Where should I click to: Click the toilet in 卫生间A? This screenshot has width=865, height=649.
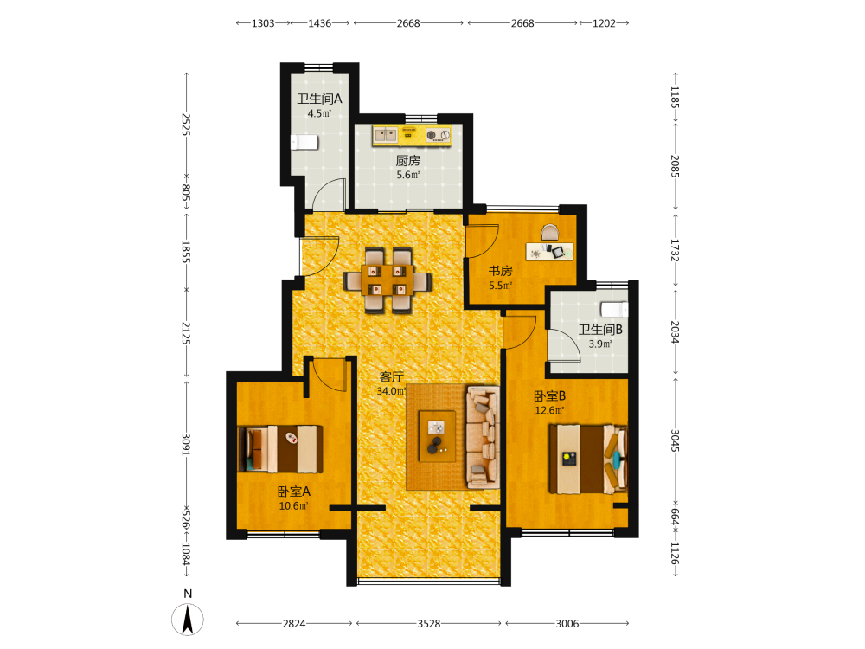pos(304,142)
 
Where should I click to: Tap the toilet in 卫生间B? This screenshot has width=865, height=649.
pos(614,310)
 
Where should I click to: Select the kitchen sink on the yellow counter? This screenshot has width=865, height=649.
pos(386,134)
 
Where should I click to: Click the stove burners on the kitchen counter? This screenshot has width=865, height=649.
pos(439,135)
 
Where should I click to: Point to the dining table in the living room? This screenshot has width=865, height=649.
pos(388,280)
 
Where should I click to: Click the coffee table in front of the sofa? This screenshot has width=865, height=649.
pos(437,436)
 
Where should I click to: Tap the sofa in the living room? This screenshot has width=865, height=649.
pos(484,437)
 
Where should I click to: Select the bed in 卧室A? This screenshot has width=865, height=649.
pos(280,448)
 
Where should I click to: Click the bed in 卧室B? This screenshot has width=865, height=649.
pos(588,459)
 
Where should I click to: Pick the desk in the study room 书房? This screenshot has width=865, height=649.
pos(549,251)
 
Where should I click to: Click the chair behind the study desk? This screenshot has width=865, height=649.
pos(549,232)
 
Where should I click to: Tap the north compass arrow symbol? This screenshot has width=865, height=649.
pos(188,620)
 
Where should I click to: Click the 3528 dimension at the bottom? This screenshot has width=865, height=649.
pos(429,624)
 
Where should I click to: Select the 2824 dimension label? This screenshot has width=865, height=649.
pos(294,624)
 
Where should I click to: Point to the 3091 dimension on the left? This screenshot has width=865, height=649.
pos(186,445)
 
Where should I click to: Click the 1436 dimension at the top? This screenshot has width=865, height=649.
pos(319,23)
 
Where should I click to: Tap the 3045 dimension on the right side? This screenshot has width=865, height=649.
pos(675,440)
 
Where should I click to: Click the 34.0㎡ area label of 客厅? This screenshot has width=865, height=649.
pos(391,391)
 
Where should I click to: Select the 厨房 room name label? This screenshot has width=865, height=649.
pos(408,161)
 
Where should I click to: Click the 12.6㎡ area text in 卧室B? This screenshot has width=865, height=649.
pos(549,410)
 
